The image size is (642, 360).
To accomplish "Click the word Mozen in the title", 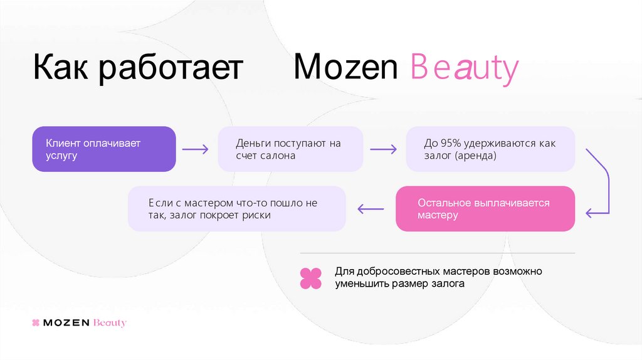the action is tap(345, 68).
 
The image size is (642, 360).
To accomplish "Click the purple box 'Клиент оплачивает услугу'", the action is tap(104, 149).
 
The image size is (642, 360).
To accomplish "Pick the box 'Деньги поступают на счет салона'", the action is tap(290, 149).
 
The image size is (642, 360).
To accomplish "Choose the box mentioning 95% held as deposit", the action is tap(490, 149).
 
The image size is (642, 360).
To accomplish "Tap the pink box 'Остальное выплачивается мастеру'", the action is tap(485, 209).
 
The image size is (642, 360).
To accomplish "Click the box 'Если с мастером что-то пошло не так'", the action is tap(237, 209).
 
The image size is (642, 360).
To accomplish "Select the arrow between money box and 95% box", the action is tap(383, 149).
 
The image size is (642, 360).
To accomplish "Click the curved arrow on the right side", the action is tap(602, 182).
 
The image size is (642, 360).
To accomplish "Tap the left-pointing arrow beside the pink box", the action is tap(370, 209).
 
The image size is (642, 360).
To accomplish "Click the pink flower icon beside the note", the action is tap(310, 278).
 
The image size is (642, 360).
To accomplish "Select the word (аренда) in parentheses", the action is tap(476, 156).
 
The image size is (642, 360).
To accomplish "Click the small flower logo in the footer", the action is tap(36, 323).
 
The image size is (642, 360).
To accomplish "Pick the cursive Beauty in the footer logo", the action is tap(109, 323).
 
